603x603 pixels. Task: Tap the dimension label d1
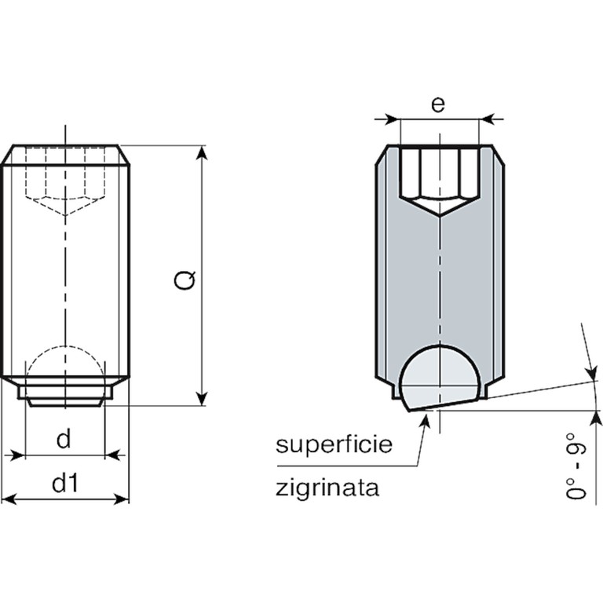65,483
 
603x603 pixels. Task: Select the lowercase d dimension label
64,438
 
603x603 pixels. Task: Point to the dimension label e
438,104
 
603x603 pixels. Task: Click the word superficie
334,445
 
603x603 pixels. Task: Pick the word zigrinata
327,488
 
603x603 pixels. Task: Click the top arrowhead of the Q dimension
203,152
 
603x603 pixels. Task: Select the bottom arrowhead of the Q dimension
203,399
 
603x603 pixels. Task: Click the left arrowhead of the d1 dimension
9,499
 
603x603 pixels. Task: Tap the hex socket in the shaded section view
440,181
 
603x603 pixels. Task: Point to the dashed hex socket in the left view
65,181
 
